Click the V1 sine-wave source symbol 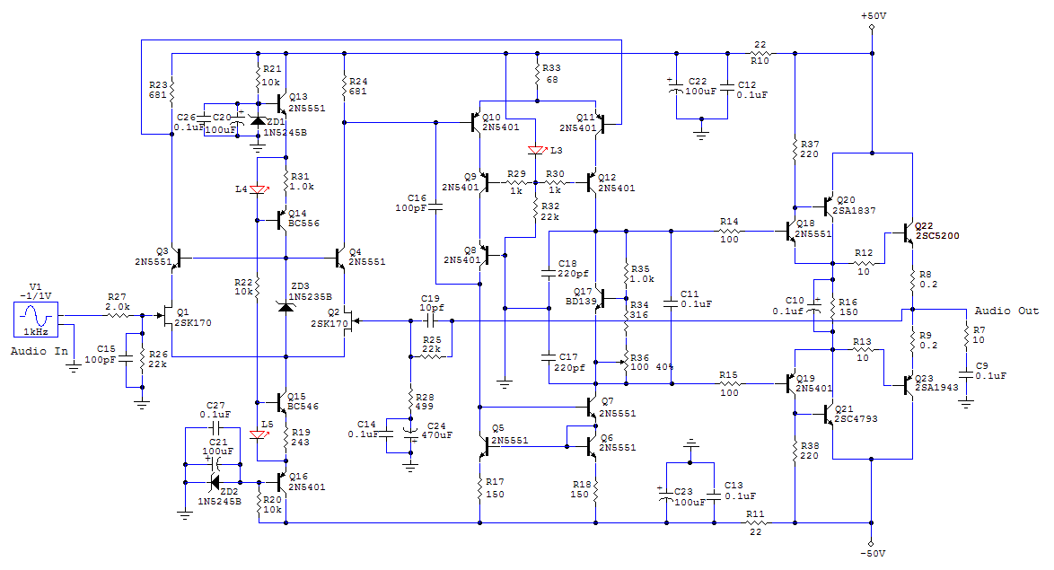(x=36, y=320)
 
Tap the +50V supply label (x=874, y=15)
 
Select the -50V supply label (x=874, y=553)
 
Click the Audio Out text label (x=1006, y=311)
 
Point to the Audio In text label (x=39, y=351)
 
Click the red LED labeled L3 (x=536, y=151)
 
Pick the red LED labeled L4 (x=258, y=189)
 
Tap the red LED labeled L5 (x=258, y=434)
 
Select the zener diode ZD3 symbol (x=286, y=306)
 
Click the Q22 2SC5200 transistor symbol (x=909, y=232)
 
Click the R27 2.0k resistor (x=117, y=315)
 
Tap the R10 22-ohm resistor (x=760, y=53)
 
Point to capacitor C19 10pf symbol (x=431, y=321)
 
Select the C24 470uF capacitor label (x=436, y=430)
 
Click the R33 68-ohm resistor (x=537, y=74)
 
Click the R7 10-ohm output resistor (x=967, y=335)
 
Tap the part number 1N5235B (x=310, y=296)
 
